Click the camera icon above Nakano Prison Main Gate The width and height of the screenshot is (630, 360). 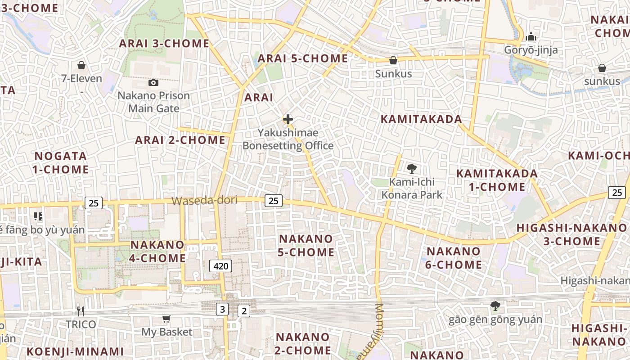[x=153, y=82]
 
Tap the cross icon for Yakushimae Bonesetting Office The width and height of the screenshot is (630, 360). [x=288, y=119]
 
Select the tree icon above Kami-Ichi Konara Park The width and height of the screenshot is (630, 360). [x=411, y=169]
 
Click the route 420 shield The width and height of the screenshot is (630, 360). [x=220, y=266]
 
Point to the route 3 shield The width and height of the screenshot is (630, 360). [x=222, y=309]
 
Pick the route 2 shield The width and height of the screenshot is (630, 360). [x=244, y=310]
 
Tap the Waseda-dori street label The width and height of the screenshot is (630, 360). [x=204, y=201]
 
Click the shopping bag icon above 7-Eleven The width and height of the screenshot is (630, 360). [x=81, y=65]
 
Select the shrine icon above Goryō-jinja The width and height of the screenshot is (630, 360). [x=531, y=36]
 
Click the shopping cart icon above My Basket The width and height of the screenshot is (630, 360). [x=166, y=319]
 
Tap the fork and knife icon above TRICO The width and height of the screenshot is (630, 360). [x=81, y=311]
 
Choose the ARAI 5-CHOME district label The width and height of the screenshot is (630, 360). [x=302, y=58]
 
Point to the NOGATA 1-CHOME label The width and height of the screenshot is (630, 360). [x=61, y=163]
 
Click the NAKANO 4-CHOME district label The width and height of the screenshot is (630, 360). [x=157, y=251]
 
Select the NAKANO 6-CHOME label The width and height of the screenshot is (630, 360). [x=454, y=258]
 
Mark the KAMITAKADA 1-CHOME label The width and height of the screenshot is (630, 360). [x=497, y=180]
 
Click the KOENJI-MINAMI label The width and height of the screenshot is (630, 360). [x=75, y=351]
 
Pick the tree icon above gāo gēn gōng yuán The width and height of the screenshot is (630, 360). [x=495, y=306]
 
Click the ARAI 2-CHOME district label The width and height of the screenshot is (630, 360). [x=180, y=140]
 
